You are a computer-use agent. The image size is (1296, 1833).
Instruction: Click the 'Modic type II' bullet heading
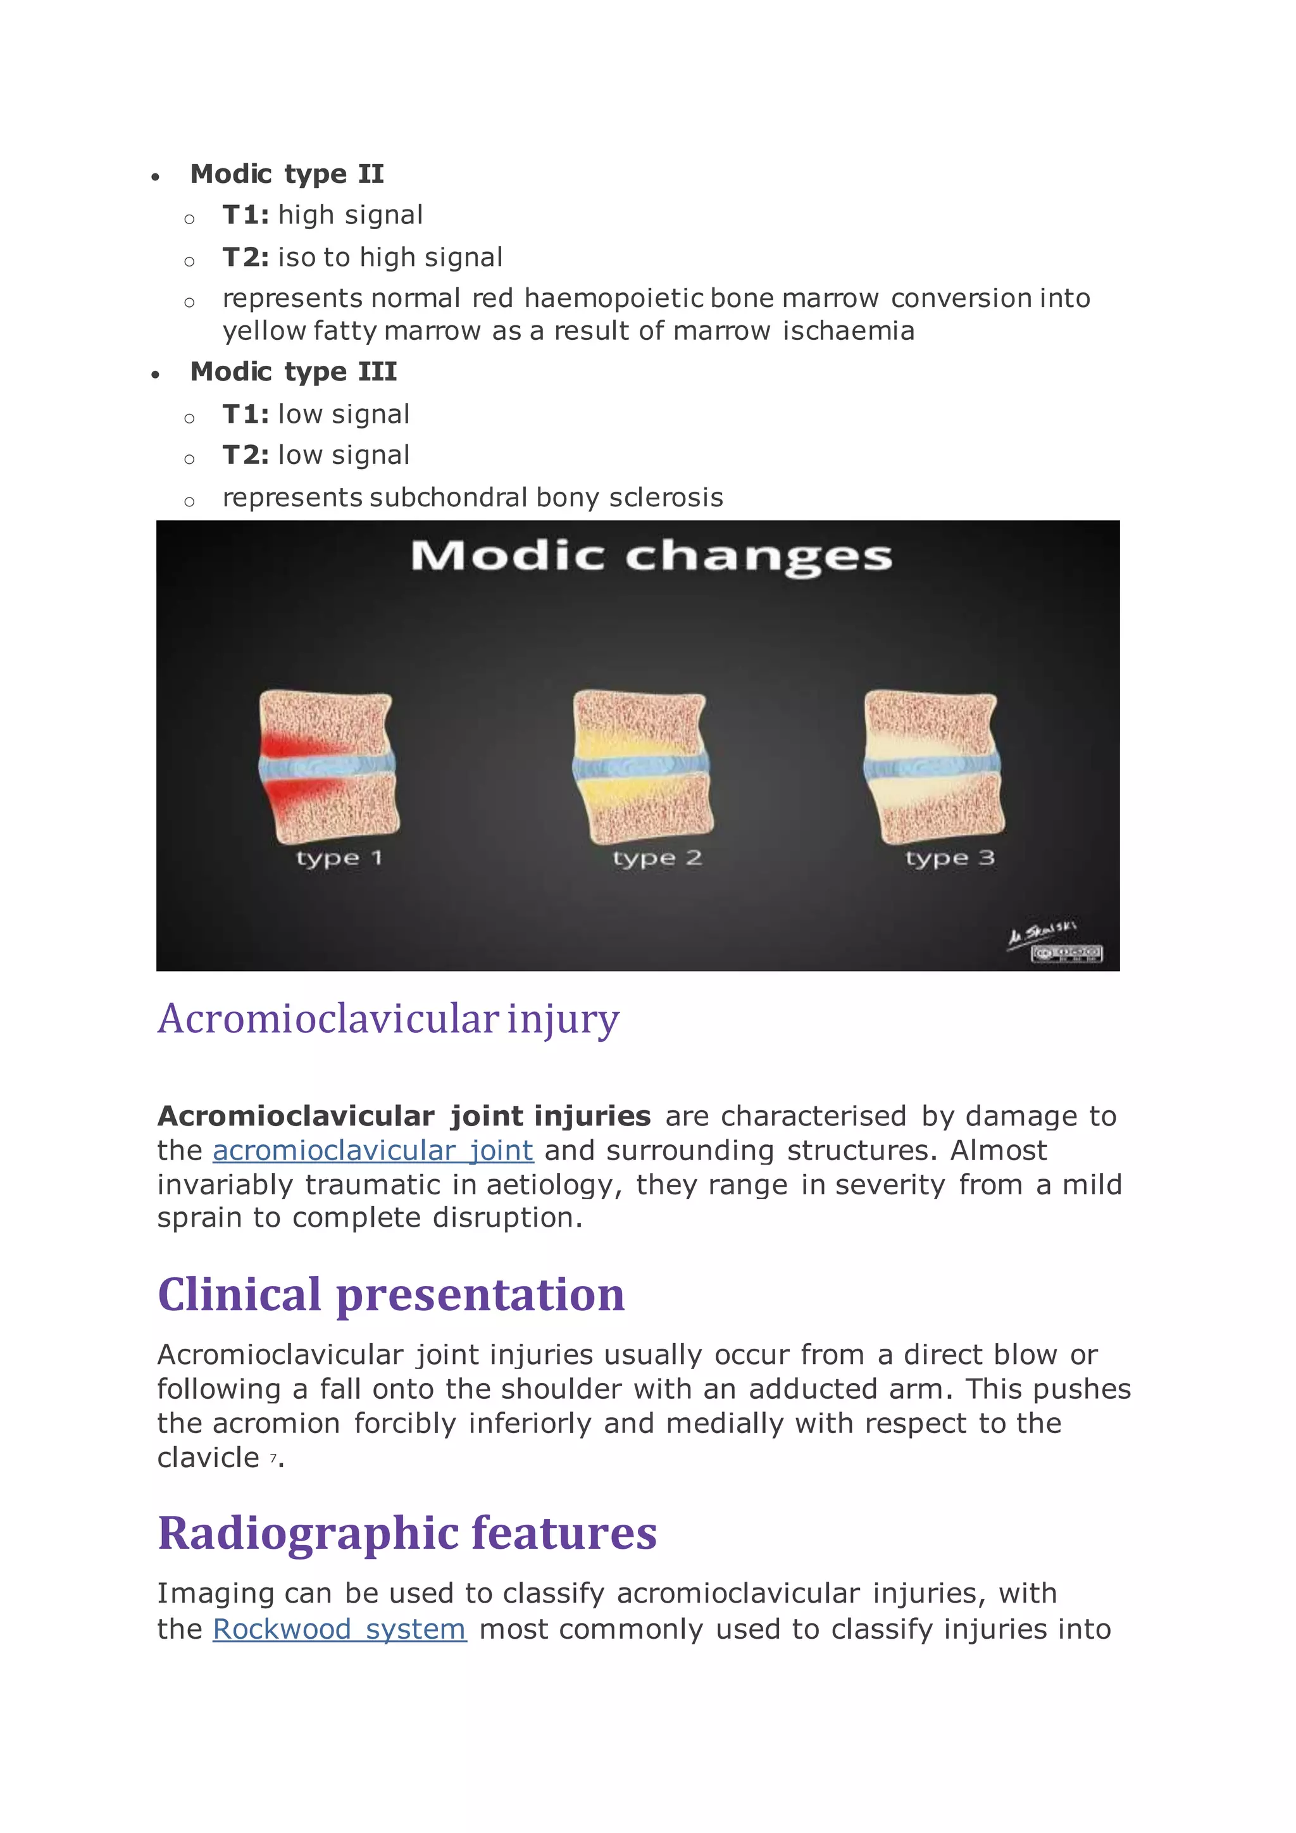click(287, 173)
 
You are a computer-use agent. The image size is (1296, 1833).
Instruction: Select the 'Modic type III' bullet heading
click(293, 372)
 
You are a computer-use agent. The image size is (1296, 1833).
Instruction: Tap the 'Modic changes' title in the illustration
click(651, 556)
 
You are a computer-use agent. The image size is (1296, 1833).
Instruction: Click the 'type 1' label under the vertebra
click(339, 858)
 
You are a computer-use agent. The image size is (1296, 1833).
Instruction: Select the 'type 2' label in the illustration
click(657, 858)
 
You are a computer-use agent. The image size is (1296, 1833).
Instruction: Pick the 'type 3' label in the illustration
click(950, 858)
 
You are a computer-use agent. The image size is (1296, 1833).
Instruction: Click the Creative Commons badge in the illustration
click(1066, 953)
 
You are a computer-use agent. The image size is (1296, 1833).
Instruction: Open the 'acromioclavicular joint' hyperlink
click(373, 1151)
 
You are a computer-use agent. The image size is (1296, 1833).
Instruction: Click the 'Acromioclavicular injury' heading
click(388, 1020)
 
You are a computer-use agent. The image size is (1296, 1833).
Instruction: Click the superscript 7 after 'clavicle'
click(273, 1457)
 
